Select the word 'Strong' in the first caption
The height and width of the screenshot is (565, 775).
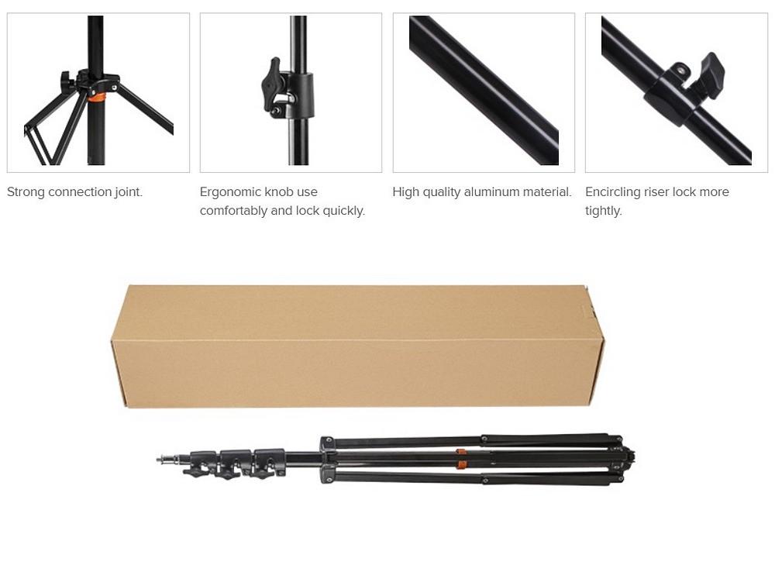(26, 191)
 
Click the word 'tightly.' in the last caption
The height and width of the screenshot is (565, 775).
(604, 211)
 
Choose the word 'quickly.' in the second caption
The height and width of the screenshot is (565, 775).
(344, 211)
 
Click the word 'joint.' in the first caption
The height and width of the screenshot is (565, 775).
(129, 191)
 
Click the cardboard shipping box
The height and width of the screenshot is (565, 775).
(357, 346)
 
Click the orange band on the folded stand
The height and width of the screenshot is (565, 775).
(460, 459)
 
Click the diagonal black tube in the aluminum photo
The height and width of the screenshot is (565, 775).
(484, 90)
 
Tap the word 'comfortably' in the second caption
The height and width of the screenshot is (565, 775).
(233, 211)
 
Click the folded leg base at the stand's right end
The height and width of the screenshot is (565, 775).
(624, 460)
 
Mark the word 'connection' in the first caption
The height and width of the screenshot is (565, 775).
(80, 191)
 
